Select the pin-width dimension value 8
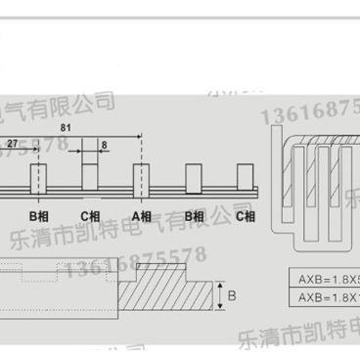click(105, 143)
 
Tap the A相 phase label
click(140, 215)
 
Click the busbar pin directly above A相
click(141, 179)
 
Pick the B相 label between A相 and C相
click(194, 215)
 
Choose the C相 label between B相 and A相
click(89, 215)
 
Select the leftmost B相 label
click(37, 215)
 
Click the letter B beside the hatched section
click(231, 292)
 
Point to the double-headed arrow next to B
click(219, 291)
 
